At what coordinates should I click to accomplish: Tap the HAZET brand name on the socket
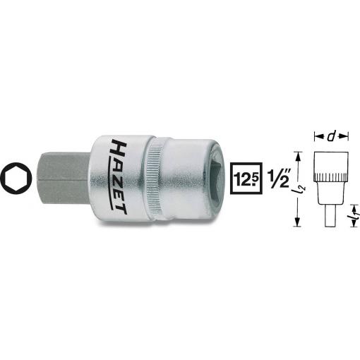coord(119,176)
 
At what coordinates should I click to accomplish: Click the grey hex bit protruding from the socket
coord(64,178)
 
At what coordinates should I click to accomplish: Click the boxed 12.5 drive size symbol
coord(246,178)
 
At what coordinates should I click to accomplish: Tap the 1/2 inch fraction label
coord(279,178)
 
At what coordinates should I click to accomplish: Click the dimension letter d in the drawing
coord(331,136)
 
